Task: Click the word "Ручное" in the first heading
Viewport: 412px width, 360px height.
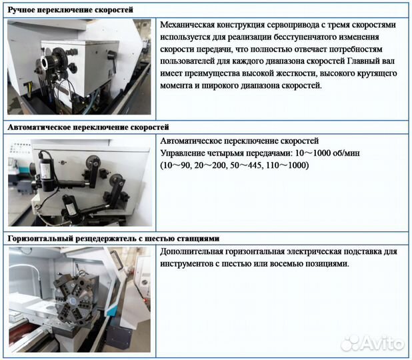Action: (x=23, y=10)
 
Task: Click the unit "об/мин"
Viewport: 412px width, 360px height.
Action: (x=367, y=153)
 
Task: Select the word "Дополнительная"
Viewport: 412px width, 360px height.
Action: (x=194, y=252)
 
